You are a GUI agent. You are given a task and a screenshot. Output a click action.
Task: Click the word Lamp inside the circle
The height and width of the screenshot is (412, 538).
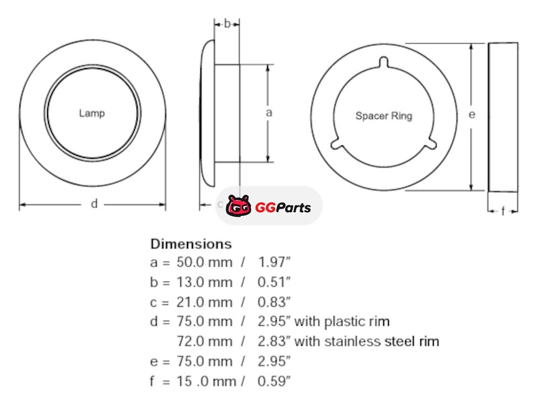pos(91,113)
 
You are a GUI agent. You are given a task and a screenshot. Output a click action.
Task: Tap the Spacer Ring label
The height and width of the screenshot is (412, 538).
pos(383,116)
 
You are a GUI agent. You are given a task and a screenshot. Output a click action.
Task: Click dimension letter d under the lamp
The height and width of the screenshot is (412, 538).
pos(94,204)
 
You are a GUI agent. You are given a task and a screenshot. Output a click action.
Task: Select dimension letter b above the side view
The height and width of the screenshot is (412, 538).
pos(227,24)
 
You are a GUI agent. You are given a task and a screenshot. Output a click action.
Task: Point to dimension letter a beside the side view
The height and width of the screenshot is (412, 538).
pos(269,112)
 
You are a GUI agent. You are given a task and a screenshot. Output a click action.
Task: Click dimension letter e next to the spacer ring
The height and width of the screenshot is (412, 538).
pos(472,114)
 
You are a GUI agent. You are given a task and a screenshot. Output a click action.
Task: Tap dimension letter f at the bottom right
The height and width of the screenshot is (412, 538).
pos(503,211)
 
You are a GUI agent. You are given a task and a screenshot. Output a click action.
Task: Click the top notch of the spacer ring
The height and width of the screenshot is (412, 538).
pos(383,62)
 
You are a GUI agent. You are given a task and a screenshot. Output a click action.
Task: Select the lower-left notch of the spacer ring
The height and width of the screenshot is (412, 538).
pos(336,143)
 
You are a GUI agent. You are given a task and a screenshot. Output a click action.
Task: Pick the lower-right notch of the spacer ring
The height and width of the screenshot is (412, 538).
pos(431,143)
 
